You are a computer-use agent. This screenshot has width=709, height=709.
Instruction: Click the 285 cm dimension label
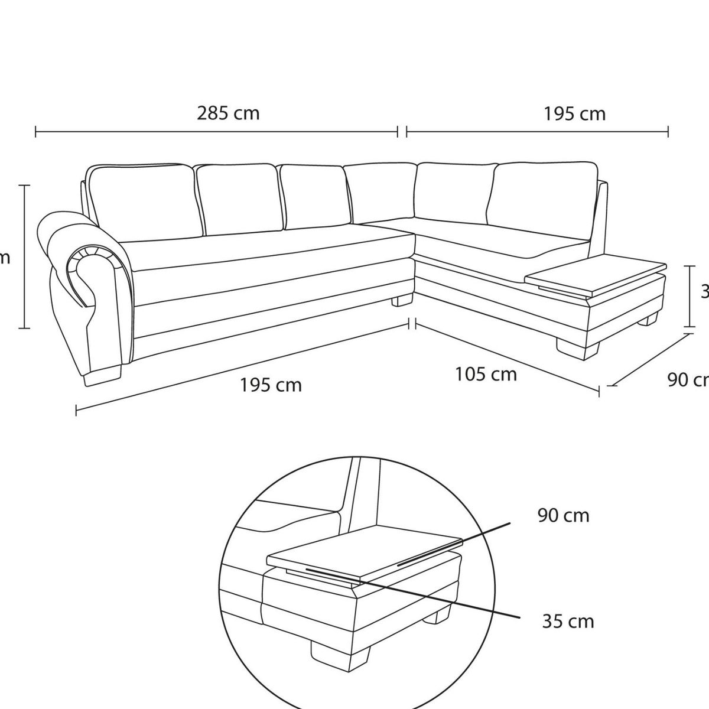(x=228, y=113)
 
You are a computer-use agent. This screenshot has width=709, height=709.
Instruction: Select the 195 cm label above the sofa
(x=574, y=113)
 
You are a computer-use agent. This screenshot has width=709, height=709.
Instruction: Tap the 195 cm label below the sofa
(x=271, y=385)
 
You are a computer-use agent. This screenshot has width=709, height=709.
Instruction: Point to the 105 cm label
(x=486, y=374)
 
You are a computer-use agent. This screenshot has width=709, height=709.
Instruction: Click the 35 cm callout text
(x=568, y=621)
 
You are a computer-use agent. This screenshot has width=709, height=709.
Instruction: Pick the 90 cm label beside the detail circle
(x=563, y=516)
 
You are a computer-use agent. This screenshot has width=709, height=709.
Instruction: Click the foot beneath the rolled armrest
(x=103, y=376)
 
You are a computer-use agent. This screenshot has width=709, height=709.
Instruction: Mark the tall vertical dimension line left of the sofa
(x=24, y=256)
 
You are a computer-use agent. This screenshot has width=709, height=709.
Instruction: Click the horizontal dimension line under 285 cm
(x=216, y=131)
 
